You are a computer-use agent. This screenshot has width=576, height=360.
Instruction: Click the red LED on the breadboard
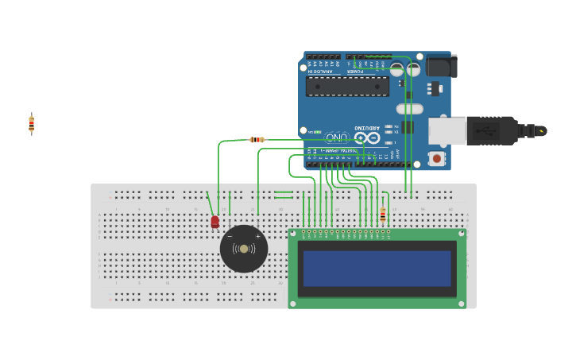pyautogui.click(x=215, y=222)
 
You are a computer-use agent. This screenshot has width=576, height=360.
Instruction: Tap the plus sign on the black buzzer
pyautogui.click(x=257, y=236)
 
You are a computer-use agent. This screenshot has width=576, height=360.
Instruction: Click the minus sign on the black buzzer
pyautogui.click(x=230, y=236)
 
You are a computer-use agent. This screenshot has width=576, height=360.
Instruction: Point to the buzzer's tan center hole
pyautogui.click(x=244, y=249)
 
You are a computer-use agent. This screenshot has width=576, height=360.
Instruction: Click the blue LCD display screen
pyautogui.click(x=377, y=269)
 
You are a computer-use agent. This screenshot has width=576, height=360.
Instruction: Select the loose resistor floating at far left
pyautogui.click(x=32, y=123)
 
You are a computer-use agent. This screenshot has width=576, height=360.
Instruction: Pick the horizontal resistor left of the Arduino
pyautogui.click(x=257, y=140)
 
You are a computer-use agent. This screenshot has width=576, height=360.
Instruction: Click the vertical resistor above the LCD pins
pyautogui.click(x=383, y=215)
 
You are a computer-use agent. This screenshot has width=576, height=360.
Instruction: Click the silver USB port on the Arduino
pyautogui.click(x=447, y=131)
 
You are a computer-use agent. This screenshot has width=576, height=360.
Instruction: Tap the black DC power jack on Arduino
pyautogui.click(x=441, y=65)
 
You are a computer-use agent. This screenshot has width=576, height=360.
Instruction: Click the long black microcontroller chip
pyautogui.click(x=347, y=86)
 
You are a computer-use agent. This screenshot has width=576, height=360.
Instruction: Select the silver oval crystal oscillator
pyautogui.click(x=409, y=109)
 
